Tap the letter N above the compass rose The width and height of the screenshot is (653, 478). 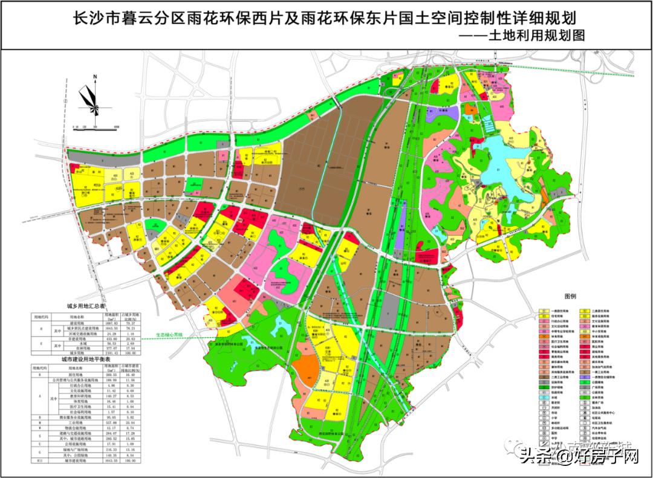95,77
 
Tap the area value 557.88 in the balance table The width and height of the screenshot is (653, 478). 111,423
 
